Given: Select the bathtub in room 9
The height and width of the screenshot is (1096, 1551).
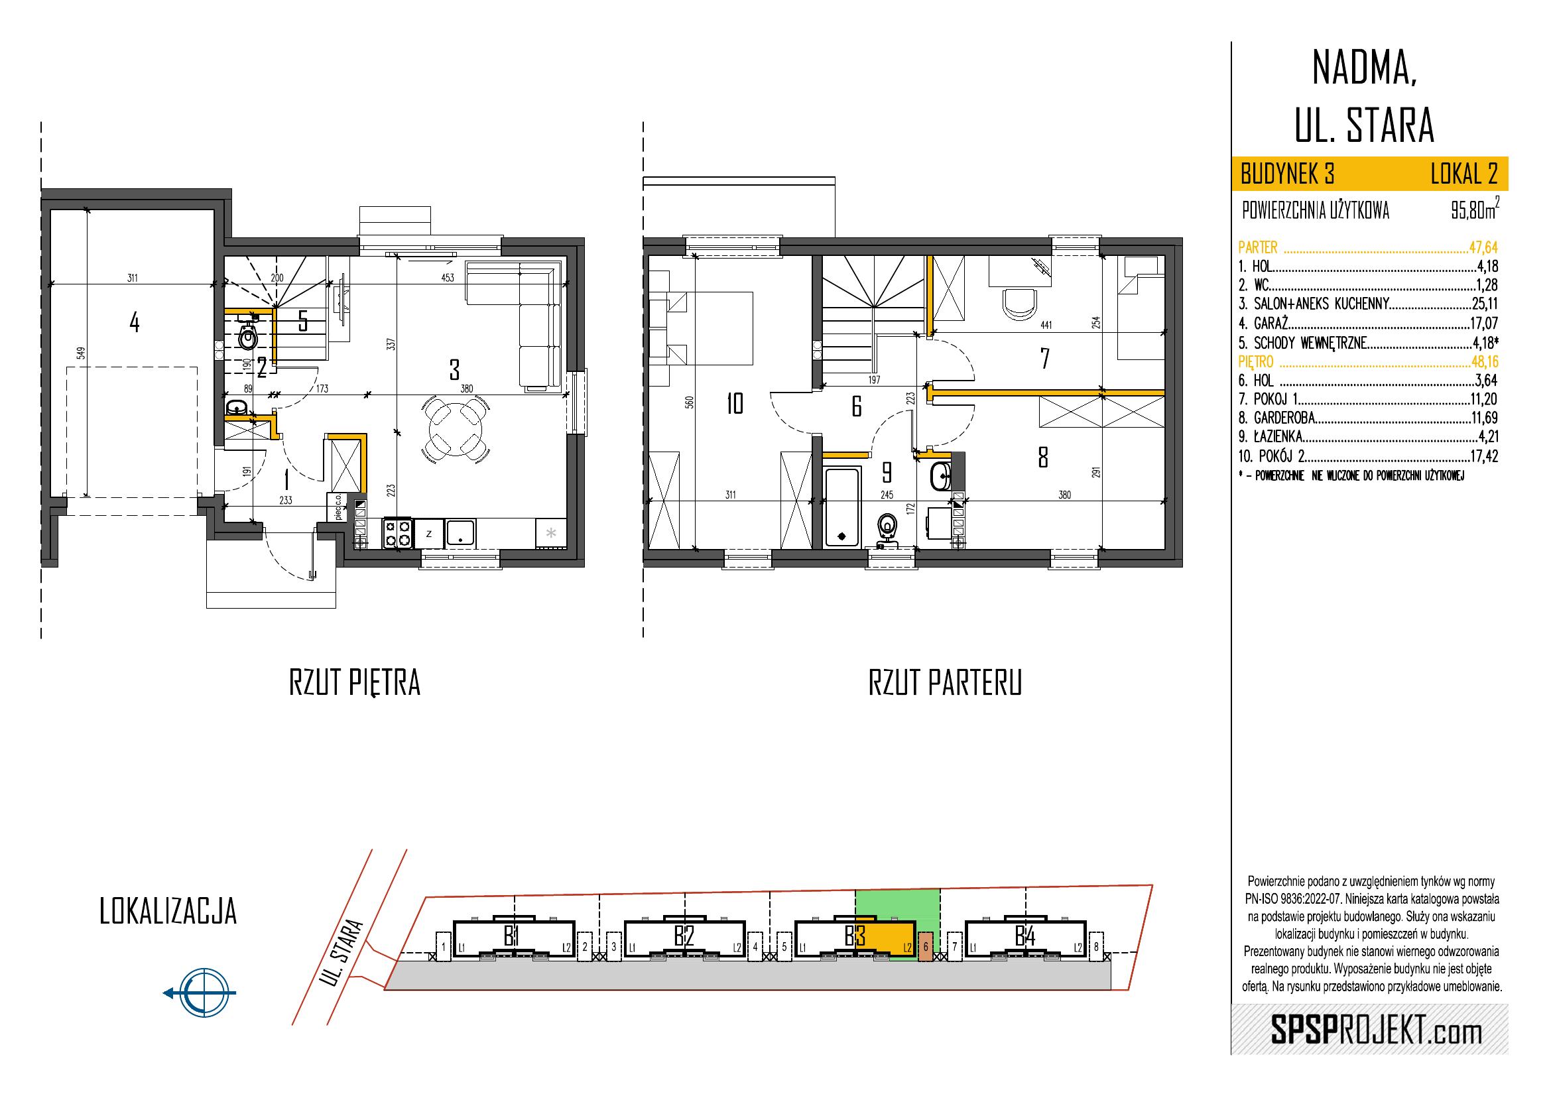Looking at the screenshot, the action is pyautogui.click(x=841, y=507).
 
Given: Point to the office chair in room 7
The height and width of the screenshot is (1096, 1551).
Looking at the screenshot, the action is pyautogui.click(x=1021, y=304).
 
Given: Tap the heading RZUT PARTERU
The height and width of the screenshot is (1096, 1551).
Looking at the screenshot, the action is pyautogui.click(x=944, y=684).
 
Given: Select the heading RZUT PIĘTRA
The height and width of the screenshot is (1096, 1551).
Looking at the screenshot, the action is pyautogui.click(x=355, y=684).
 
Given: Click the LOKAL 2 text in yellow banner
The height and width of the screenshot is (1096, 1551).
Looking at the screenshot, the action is pyautogui.click(x=1464, y=175).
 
